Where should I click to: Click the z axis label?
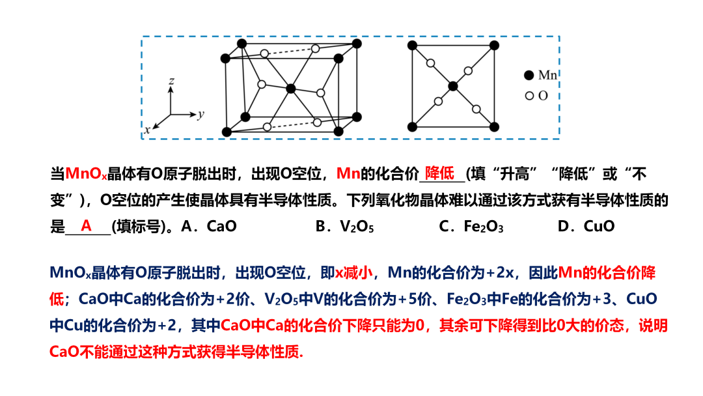(x=171, y=81)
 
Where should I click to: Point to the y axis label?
(x=201, y=114)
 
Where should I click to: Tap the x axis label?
(x=147, y=129)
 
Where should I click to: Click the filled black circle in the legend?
(x=529, y=76)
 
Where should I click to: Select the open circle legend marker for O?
(x=529, y=96)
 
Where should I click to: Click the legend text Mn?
(x=547, y=76)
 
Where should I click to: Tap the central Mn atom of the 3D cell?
(x=291, y=88)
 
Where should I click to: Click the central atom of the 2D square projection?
(x=453, y=86)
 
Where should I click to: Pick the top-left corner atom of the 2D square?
(x=411, y=45)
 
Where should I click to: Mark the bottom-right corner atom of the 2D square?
(x=495, y=126)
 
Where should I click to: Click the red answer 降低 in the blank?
(x=439, y=174)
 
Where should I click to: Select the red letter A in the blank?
(x=86, y=226)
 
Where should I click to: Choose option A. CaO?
(x=209, y=227)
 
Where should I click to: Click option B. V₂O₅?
(x=344, y=227)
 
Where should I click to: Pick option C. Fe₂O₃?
(x=471, y=227)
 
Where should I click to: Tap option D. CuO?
(x=586, y=227)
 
